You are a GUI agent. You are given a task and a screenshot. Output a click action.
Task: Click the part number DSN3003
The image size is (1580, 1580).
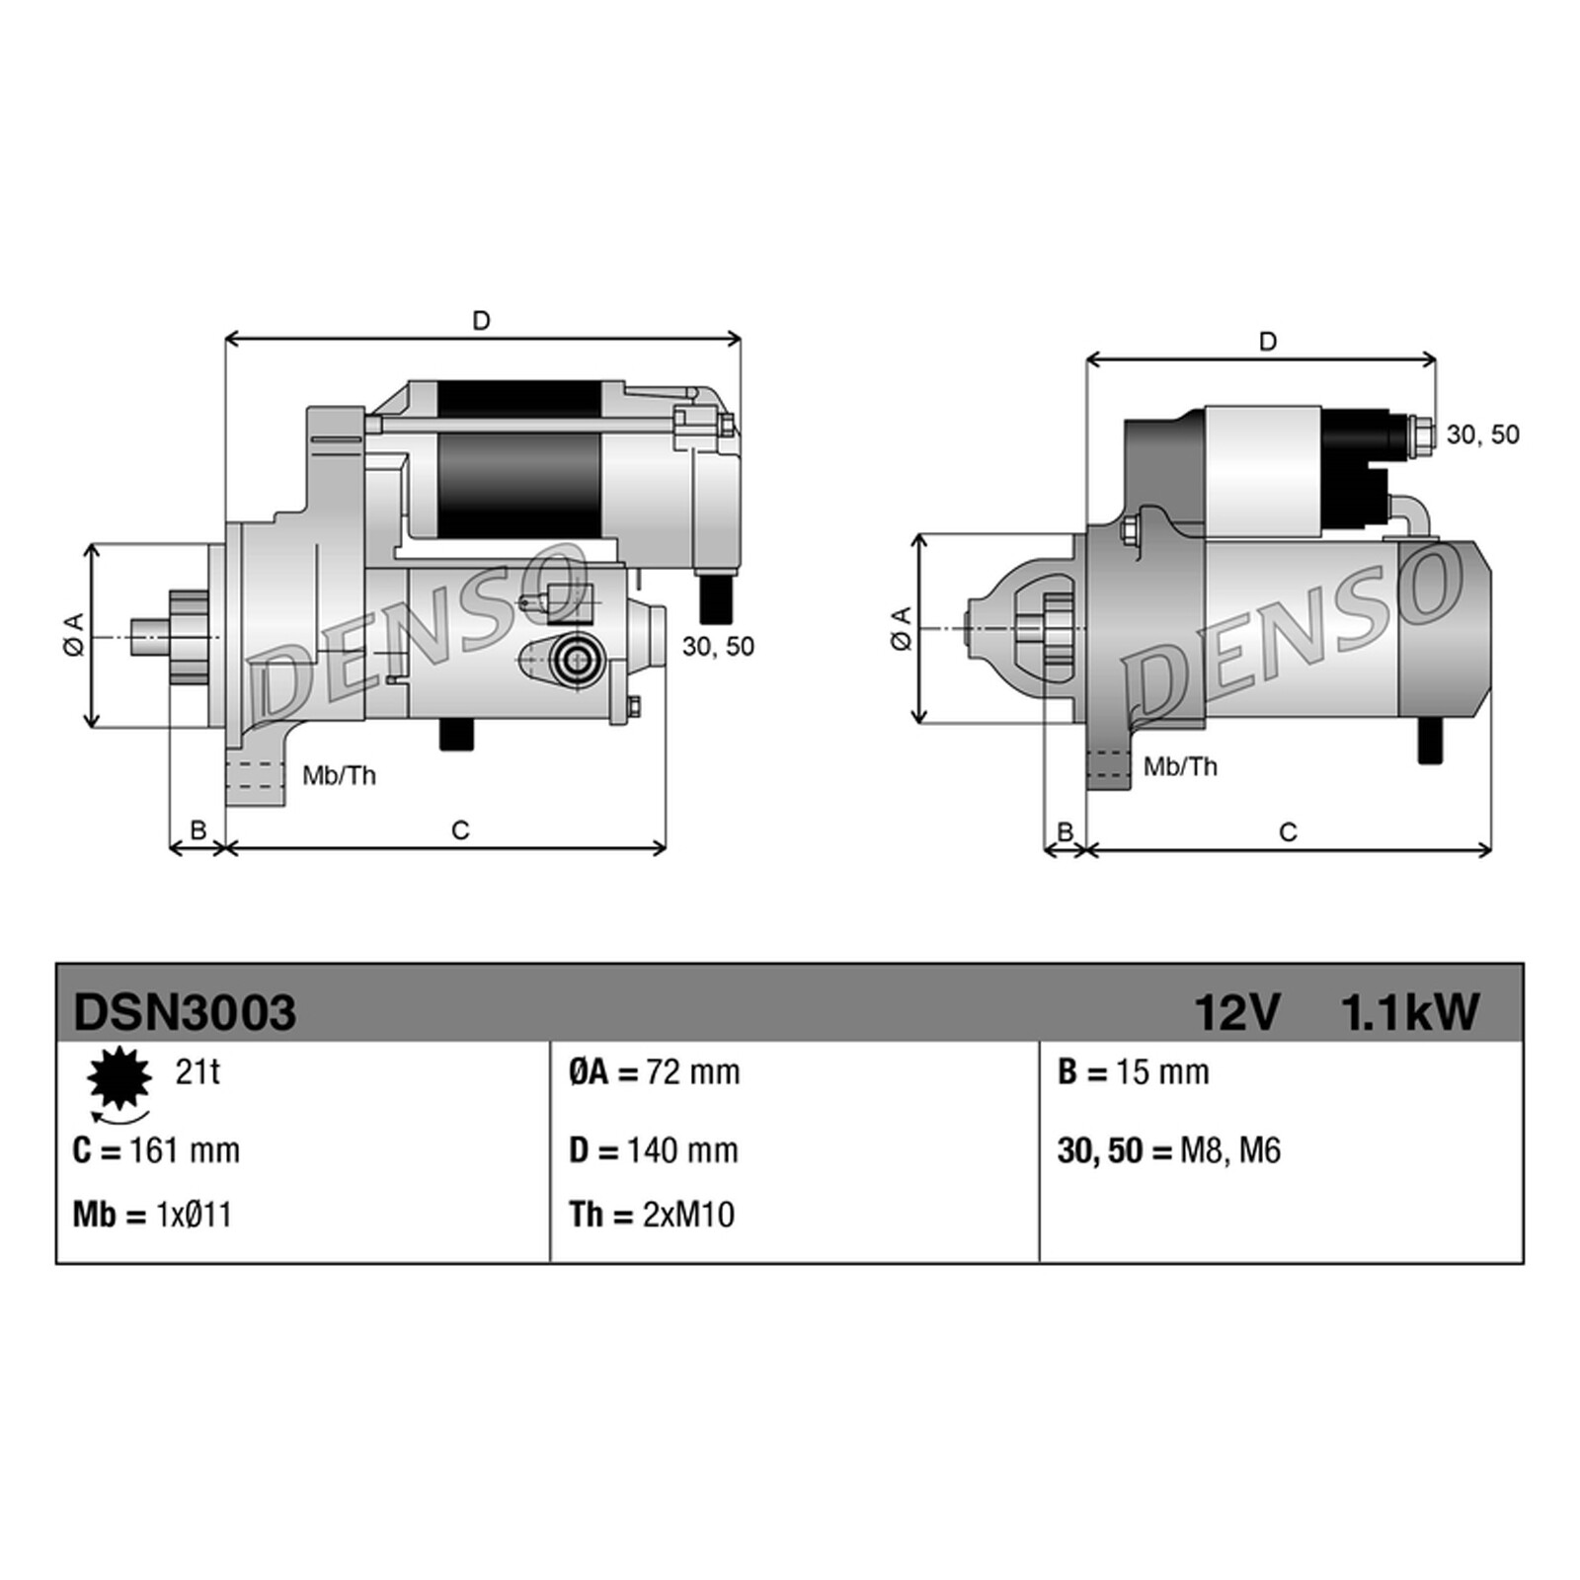click(185, 1012)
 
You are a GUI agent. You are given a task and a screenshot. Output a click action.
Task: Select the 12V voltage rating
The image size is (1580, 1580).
click(1236, 1012)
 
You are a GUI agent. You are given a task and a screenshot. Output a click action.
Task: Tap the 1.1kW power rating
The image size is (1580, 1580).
click(1409, 1012)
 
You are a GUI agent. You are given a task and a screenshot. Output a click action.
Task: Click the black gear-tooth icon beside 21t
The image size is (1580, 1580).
click(119, 1078)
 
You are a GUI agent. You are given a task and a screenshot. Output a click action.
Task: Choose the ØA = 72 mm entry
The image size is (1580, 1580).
click(654, 1072)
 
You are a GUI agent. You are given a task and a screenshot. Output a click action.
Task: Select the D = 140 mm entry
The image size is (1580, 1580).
click(654, 1150)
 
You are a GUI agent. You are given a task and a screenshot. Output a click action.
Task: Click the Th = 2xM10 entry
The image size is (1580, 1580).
click(652, 1215)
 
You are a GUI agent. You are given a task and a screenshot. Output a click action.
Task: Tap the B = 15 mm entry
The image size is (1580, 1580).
click(1133, 1072)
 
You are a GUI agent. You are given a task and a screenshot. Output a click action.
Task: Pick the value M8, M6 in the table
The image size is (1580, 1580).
click(1229, 1150)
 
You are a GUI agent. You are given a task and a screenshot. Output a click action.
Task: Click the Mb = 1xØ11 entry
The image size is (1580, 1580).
click(152, 1215)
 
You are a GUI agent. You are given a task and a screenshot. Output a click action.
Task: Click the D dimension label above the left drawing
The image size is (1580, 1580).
click(481, 321)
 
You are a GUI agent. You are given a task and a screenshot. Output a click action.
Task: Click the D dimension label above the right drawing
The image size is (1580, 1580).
click(1268, 342)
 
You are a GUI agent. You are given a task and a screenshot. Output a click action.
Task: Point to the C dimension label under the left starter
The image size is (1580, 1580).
click(460, 830)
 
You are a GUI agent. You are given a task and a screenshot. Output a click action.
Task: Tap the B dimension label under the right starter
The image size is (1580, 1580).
click(1065, 832)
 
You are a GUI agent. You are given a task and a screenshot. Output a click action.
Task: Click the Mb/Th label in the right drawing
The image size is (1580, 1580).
click(1180, 766)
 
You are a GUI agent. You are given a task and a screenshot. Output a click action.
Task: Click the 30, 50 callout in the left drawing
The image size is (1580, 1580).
click(718, 647)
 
